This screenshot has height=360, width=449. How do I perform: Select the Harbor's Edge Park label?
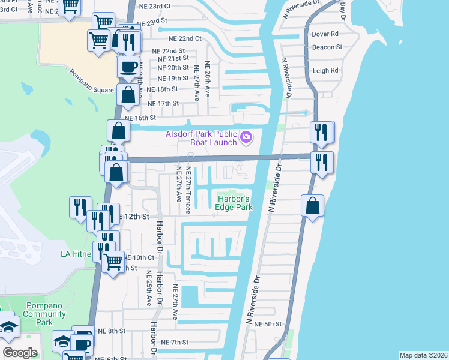[x=234, y=203]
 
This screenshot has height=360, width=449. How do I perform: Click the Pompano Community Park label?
[x=44, y=314]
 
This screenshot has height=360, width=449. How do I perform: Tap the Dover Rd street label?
[x=325, y=34]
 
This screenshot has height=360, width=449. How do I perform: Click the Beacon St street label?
[x=327, y=47]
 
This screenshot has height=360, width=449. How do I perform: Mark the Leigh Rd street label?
[x=325, y=70]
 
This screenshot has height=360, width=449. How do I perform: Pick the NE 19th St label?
[x=173, y=79]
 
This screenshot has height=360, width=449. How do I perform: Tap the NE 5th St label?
[x=268, y=325]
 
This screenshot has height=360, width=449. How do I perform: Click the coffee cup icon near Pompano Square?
[x=129, y=67]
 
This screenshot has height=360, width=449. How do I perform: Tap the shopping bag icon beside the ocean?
[x=312, y=207]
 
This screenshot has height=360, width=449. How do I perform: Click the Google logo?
[x=20, y=352]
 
